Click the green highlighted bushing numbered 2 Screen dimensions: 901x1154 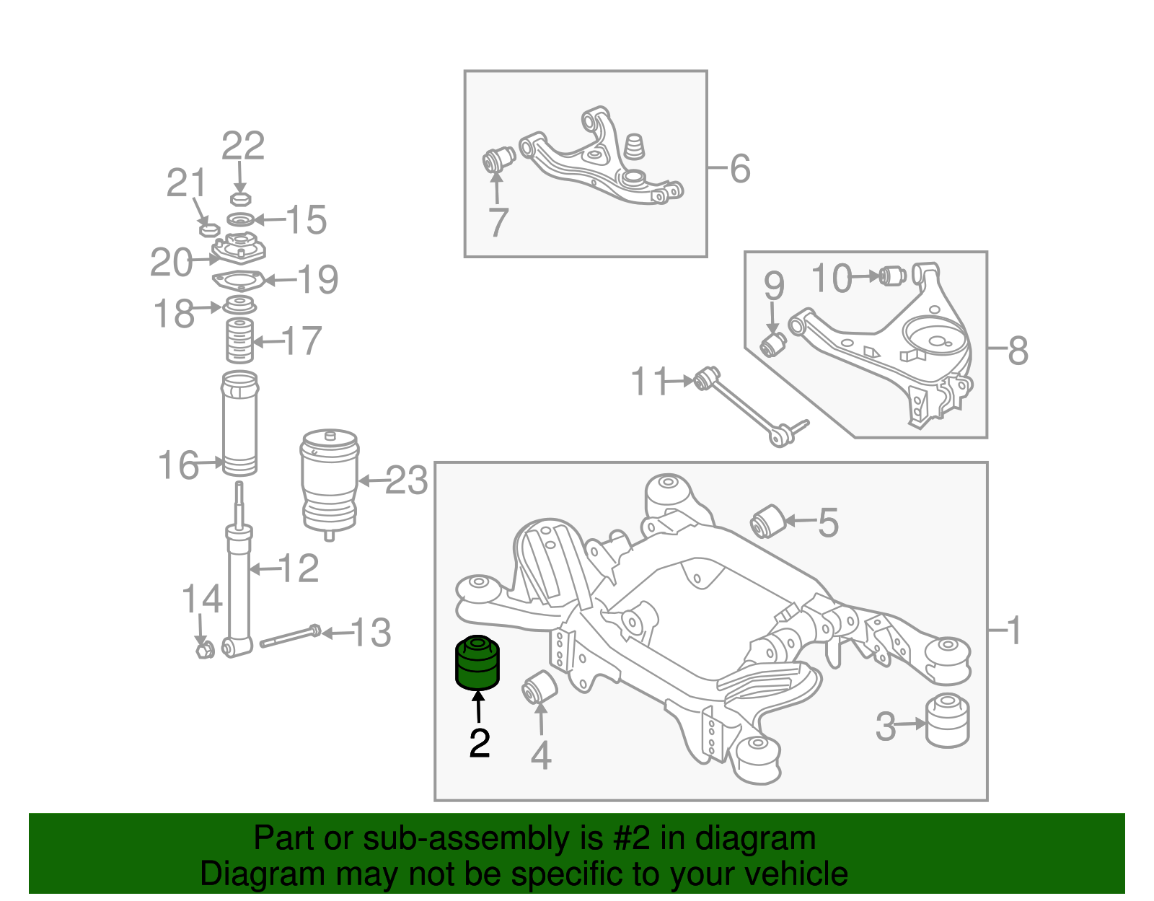coord(477,662)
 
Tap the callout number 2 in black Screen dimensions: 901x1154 coord(480,743)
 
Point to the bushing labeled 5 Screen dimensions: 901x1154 coord(767,522)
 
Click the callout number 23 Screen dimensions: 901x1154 coord(407,480)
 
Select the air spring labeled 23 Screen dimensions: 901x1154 coord(330,481)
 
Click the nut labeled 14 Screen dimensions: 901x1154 coord(203,650)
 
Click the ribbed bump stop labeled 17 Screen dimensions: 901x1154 coord(239,340)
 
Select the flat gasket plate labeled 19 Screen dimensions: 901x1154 coord(238,280)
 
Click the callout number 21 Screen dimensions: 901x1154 coord(186,183)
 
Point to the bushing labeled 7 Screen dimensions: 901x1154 coord(498,160)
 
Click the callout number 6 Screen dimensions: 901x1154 coord(740,168)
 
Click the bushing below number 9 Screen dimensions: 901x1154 coord(774,343)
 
